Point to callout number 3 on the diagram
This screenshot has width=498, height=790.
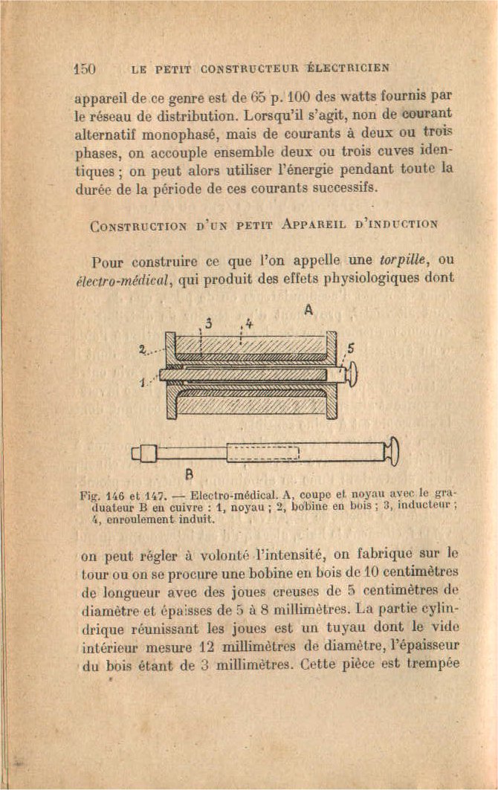coord(208,324)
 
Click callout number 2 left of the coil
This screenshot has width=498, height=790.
coord(142,351)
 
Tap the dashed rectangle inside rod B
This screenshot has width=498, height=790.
coord(262,452)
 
